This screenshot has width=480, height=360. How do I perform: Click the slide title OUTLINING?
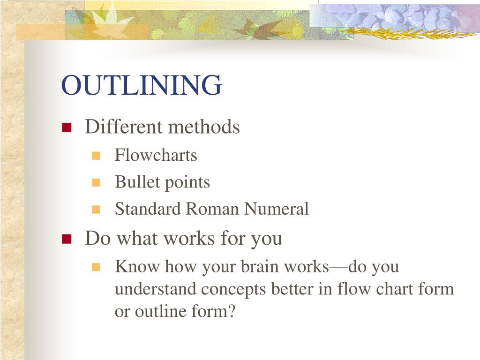(141, 85)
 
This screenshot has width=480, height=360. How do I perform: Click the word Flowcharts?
(156, 155)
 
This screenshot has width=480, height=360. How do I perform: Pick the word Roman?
(213, 209)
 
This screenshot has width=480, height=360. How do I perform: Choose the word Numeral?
(277, 209)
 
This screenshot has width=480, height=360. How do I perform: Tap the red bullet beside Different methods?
(66, 127)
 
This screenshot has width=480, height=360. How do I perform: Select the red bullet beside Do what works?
(66, 239)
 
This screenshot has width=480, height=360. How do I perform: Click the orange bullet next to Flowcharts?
(96, 156)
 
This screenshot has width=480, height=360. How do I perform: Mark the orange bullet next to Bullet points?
(96, 183)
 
